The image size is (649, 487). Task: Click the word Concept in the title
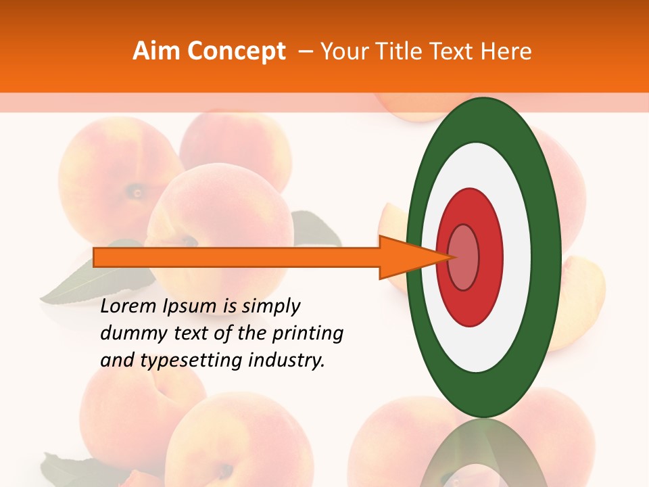(x=236, y=51)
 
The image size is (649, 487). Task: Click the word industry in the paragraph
(x=291, y=361)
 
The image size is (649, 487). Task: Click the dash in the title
(x=305, y=51)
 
